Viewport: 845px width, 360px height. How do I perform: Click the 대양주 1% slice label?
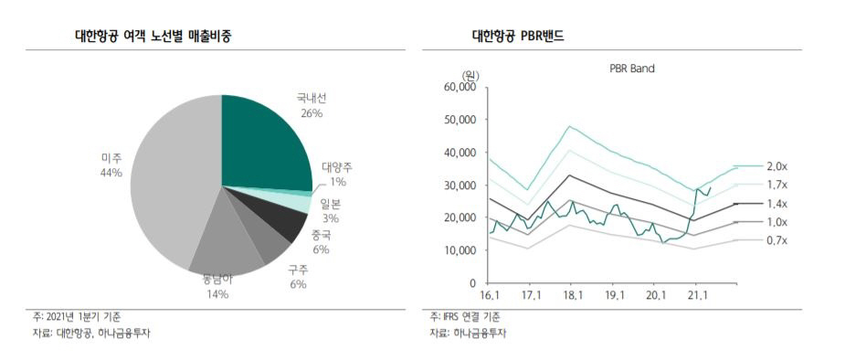(x=337, y=175)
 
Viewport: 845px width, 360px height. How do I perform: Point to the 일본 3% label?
(x=330, y=211)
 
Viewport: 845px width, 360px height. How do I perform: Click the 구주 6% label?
(x=298, y=277)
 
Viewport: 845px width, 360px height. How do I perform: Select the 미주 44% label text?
(x=111, y=165)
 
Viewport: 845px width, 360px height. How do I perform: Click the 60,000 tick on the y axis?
(x=459, y=87)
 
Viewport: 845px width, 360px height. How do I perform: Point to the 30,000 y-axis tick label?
(x=459, y=185)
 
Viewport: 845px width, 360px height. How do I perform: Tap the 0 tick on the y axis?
(x=472, y=282)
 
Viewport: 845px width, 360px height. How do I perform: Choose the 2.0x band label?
(x=776, y=166)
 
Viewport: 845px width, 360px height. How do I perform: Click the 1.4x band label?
(x=776, y=203)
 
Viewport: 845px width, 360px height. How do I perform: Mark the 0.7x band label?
(x=776, y=239)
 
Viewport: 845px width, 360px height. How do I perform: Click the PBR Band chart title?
(x=632, y=68)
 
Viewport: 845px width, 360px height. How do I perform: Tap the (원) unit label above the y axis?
(x=470, y=74)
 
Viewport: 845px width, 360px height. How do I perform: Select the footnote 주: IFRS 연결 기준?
(x=465, y=316)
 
